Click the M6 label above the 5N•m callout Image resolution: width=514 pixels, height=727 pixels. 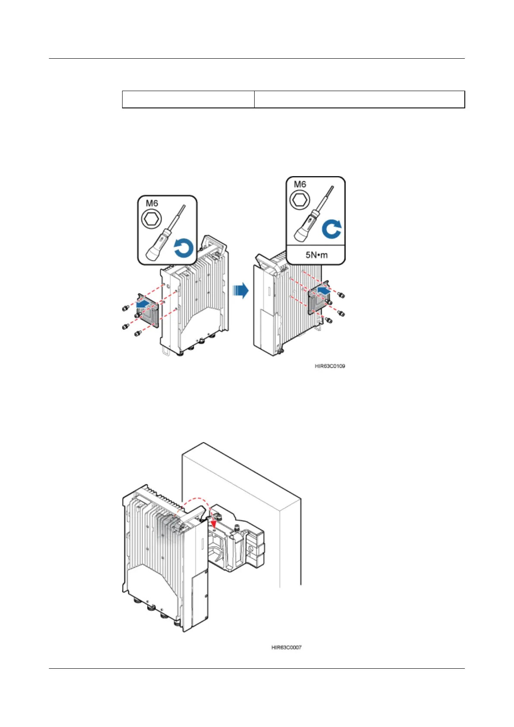(x=300, y=184)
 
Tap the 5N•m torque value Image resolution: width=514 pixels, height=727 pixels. (x=316, y=255)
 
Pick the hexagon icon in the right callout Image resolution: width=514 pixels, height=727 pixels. (x=300, y=200)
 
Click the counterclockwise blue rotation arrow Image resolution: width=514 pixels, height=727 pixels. (x=183, y=250)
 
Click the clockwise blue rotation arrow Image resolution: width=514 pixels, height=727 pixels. (x=331, y=229)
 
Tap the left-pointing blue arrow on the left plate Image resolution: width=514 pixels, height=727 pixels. (x=144, y=305)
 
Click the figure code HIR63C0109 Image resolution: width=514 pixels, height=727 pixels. (x=330, y=366)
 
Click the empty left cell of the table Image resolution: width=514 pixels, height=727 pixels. (x=188, y=99)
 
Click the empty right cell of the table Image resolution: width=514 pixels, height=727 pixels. (x=359, y=99)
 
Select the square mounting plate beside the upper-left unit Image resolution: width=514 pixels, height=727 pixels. (x=148, y=310)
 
